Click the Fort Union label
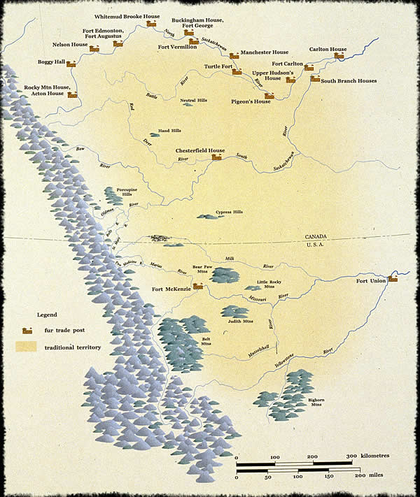pyautogui.click(x=371, y=281)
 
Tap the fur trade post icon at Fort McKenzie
pyautogui.click(x=198, y=286)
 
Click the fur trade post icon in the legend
pyautogui.click(x=29, y=329)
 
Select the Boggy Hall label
pyautogui.click(x=50, y=62)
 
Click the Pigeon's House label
pyautogui.click(x=251, y=101)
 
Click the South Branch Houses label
pyautogui.click(x=349, y=81)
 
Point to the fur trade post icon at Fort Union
pyautogui.click(x=393, y=278)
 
